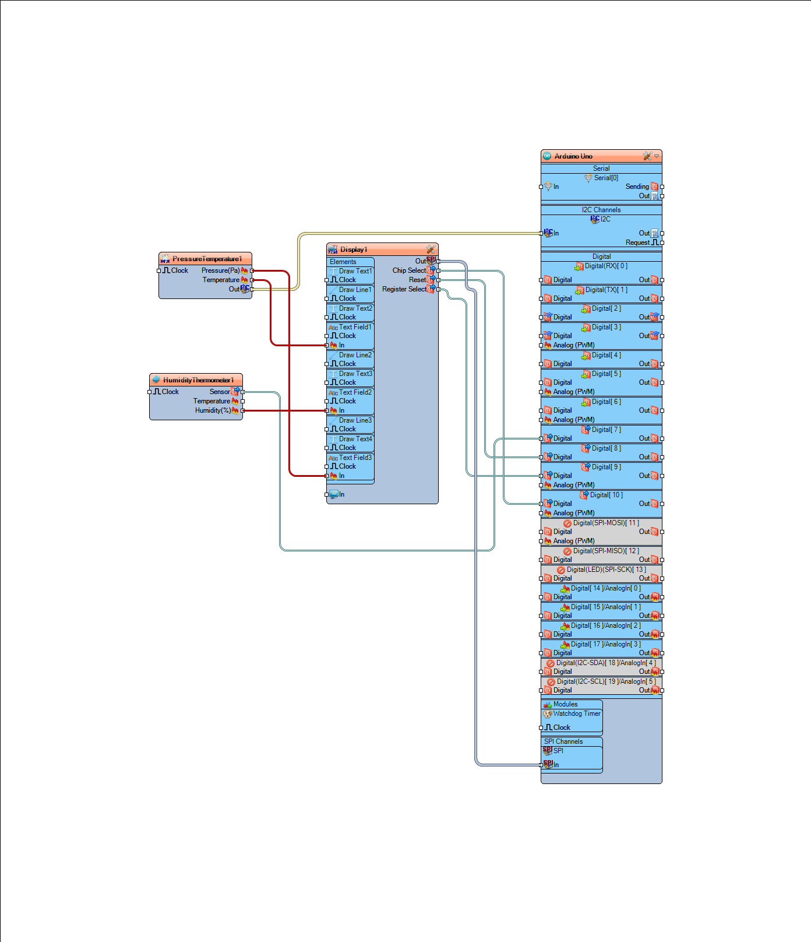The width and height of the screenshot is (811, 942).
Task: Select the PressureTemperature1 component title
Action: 207,259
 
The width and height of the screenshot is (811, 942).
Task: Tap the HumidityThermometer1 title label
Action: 198,380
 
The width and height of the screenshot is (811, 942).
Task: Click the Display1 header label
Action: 354,249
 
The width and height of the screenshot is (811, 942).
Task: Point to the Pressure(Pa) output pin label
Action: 220,270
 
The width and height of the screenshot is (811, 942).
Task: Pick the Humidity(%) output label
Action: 213,410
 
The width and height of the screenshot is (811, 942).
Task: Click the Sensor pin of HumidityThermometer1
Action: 220,392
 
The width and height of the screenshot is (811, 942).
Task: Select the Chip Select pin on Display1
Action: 409,270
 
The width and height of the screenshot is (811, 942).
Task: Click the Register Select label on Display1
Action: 404,289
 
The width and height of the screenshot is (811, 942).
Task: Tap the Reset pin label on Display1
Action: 417,280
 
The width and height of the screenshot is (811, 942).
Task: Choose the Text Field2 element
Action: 355,392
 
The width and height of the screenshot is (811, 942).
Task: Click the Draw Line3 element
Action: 355,420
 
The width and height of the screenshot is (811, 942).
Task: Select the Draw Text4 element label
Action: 355,439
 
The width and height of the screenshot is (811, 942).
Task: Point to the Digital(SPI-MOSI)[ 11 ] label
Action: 606,523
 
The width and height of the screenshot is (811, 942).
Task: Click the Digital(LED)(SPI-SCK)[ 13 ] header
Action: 606,570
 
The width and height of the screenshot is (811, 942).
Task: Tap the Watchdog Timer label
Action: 576,713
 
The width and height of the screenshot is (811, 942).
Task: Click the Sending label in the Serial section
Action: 637,187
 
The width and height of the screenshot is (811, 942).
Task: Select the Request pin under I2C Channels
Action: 637,242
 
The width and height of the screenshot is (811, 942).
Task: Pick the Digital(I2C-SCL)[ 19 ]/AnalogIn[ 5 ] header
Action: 606,681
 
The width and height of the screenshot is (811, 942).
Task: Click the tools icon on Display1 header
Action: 431,249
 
